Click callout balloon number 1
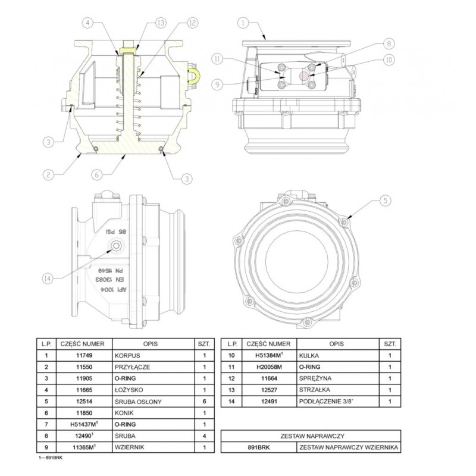243,24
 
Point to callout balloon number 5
386,201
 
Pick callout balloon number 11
217,58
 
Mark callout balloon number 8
387,43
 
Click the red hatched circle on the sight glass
304,76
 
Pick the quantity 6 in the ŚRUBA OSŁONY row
204,401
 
